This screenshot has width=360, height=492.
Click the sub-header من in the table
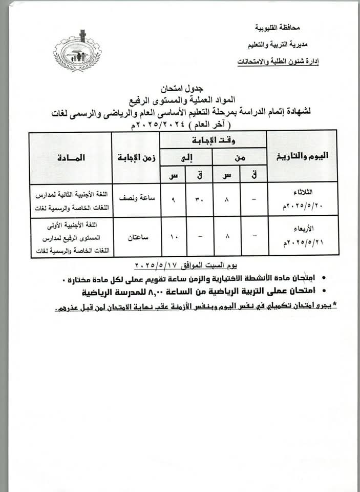[x=240, y=158]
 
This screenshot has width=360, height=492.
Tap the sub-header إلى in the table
[x=187, y=158]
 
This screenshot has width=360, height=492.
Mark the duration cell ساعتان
[x=136, y=237]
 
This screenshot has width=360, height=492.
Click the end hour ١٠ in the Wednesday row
[x=174, y=237]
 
